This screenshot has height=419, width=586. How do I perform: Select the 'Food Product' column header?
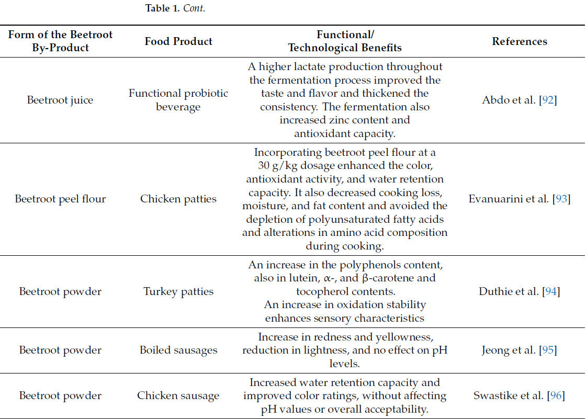click(178, 41)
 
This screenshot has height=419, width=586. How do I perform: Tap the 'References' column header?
click(520, 41)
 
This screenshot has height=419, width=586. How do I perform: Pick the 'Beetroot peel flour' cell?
click(60, 199)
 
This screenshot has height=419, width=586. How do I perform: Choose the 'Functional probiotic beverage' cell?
click(178, 100)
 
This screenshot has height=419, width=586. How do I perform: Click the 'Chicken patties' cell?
click(178, 199)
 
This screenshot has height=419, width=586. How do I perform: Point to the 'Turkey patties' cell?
click(178, 291)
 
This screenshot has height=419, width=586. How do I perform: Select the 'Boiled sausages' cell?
click(178, 350)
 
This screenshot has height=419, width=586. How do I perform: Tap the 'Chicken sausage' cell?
click(178, 396)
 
